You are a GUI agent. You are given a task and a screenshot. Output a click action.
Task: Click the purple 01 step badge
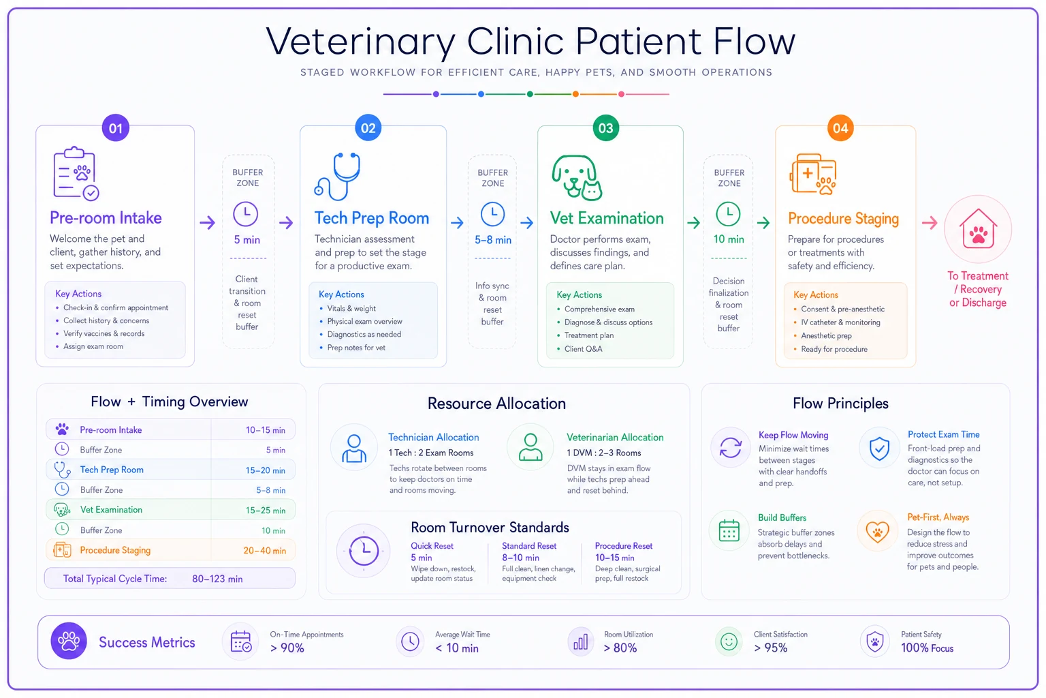(x=115, y=127)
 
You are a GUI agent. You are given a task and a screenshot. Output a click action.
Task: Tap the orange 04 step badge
(x=840, y=127)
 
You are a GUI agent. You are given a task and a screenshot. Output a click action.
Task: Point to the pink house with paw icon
(x=978, y=228)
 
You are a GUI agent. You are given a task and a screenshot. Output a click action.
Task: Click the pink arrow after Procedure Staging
(x=930, y=222)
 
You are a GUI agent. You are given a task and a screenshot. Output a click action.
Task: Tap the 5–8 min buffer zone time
(x=492, y=240)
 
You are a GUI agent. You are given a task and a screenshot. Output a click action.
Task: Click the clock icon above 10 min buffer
(x=728, y=214)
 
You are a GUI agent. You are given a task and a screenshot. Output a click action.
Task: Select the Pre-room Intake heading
(x=106, y=218)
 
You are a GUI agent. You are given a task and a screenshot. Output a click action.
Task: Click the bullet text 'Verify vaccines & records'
(x=104, y=333)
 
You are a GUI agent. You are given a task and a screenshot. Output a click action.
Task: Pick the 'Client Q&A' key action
(x=583, y=349)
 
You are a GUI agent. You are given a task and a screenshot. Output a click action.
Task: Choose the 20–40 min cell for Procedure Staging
(x=264, y=551)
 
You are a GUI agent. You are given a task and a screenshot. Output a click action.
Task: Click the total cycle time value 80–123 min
(x=217, y=579)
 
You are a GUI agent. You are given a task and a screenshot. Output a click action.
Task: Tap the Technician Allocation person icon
(x=354, y=449)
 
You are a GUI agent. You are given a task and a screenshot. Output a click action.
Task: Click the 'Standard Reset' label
(x=529, y=545)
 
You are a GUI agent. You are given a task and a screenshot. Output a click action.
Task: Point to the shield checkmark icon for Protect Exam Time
(x=879, y=449)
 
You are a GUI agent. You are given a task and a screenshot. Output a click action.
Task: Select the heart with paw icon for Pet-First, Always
(x=877, y=532)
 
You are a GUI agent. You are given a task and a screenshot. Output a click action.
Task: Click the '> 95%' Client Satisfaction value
(x=770, y=648)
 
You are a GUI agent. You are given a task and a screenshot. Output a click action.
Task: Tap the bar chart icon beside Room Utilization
(x=580, y=641)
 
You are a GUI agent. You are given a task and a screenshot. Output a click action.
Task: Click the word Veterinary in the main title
(x=360, y=42)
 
